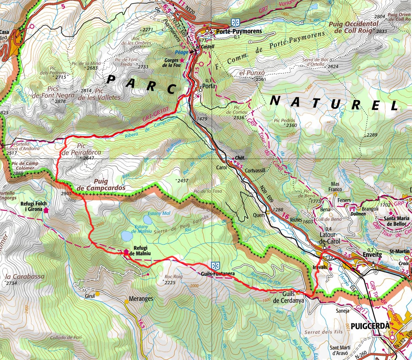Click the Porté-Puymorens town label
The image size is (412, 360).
(239, 31)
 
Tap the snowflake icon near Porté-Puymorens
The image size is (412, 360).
(236, 22)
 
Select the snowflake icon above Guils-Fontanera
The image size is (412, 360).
(216, 266)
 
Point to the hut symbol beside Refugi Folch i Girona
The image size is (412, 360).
(46, 210)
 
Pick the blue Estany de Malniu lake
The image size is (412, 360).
(126, 236)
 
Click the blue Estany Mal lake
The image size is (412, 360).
(147, 219)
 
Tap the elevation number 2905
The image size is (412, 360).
(67, 193)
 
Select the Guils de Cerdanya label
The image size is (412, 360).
(289, 297)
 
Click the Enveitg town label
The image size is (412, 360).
(371, 254)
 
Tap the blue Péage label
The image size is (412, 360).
(182, 52)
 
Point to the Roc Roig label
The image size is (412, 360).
(173, 277)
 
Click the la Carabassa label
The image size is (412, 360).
(25, 277)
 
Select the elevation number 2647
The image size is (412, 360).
(89, 158)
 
